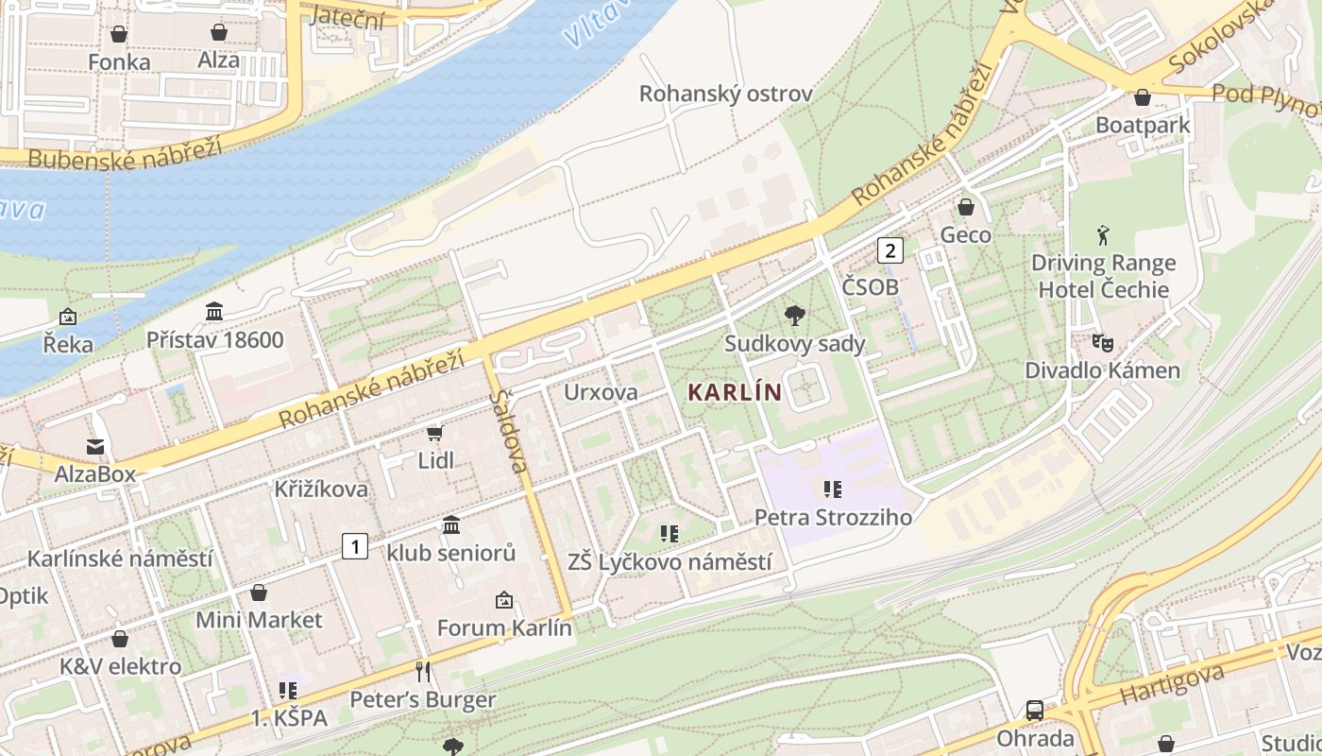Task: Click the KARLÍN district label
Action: (x=735, y=391)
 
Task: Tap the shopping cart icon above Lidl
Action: (x=434, y=433)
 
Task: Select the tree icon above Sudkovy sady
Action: (x=795, y=316)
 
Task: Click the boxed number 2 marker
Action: (x=890, y=250)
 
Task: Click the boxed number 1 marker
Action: (x=354, y=545)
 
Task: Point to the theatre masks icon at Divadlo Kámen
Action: (x=1102, y=342)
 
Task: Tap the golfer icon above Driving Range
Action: (x=1103, y=234)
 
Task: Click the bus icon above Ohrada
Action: (x=1035, y=711)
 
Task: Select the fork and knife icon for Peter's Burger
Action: (x=423, y=672)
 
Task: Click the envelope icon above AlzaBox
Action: (x=95, y=446)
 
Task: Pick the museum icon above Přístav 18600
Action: (x=214, y=311)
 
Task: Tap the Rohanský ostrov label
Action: (x=725, y=94)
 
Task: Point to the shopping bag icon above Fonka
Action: (x=119, y=34)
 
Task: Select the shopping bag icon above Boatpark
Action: (x=1143, y=97)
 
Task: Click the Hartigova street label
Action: (x=1171, y=685)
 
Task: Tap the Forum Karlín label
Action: (x=504, y=627)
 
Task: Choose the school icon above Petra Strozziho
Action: (x=833, y=489)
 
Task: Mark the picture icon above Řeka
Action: (x=68, y=317)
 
